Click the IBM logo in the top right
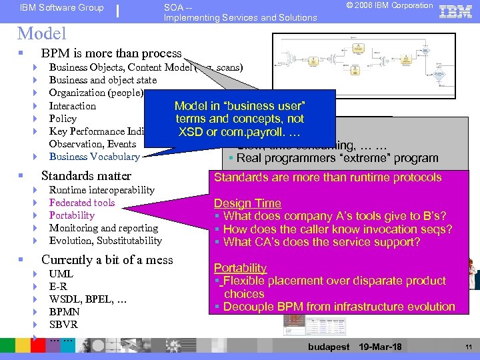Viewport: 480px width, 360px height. point(455,11)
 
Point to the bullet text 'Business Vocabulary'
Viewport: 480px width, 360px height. point(94,157)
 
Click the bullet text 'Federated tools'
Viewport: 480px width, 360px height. point(82,203)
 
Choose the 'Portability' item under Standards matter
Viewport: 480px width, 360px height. point(72,215)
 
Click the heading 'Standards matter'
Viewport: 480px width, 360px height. point(86,176)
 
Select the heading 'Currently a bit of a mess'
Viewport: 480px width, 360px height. point(107,260)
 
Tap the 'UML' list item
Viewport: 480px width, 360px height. point(61,274)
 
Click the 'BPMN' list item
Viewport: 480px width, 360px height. point(65,312)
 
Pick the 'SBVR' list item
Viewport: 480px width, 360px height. point(63,325)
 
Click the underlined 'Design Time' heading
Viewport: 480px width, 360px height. point(247,203)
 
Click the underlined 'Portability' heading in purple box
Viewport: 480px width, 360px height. point(240,268)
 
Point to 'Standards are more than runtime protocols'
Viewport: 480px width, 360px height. point(327,177)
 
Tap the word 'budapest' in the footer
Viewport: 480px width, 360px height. point(329,347)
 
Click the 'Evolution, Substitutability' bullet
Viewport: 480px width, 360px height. point(105,241)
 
